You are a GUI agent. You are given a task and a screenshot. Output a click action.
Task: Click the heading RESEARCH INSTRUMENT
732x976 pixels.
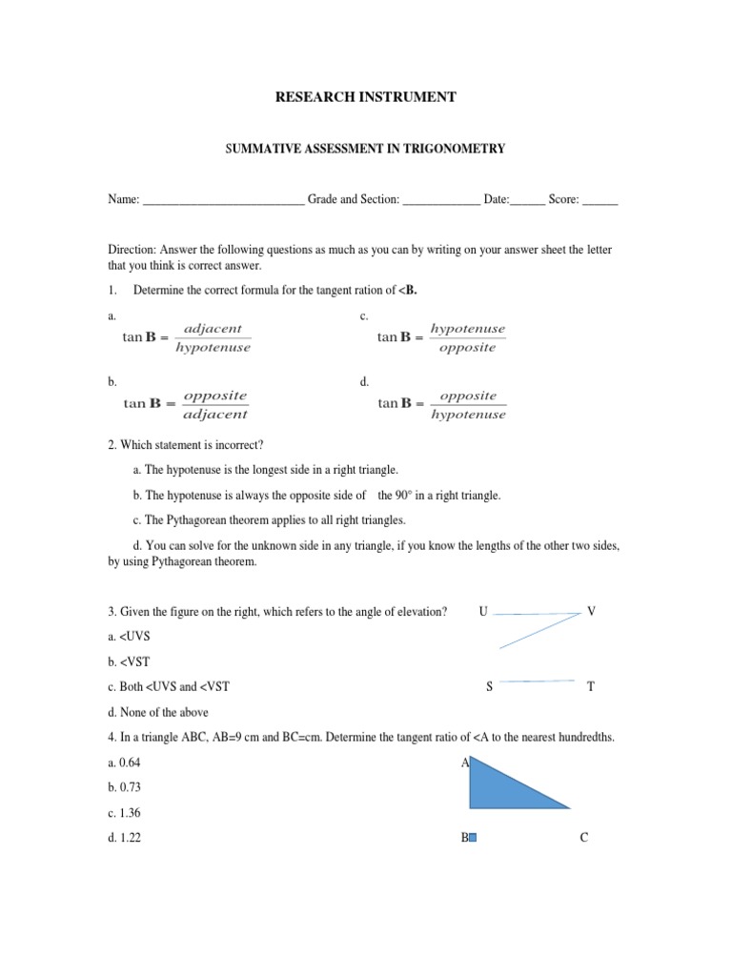(365, 97)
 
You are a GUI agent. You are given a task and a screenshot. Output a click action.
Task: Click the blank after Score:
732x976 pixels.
(600, 201)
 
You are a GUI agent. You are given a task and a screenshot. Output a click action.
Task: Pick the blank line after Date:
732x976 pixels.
(528, 201)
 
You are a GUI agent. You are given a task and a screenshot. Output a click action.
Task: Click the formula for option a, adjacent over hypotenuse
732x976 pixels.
(187, 338)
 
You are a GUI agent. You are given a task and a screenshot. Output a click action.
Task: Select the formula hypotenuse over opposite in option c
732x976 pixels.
(441, 338)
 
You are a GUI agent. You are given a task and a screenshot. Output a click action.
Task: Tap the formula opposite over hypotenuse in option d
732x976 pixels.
(441, 404)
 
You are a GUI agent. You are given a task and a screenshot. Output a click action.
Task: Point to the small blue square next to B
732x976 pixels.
(473, 839)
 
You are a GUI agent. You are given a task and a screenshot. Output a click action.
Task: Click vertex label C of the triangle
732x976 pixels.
(584, 839)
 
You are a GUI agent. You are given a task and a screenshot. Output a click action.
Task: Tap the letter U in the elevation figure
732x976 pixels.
(483, 611)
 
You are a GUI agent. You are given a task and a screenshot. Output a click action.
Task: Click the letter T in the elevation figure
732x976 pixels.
(590, 686)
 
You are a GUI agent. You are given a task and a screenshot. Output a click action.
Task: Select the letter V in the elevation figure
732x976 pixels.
(591, 611)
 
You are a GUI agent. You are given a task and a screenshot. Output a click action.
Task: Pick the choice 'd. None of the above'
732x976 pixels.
(158, 712)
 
